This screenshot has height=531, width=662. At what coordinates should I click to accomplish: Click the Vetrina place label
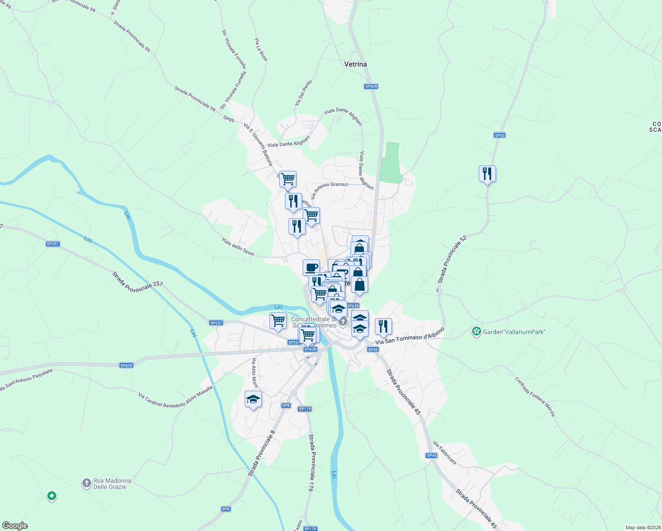[x=355, y=64]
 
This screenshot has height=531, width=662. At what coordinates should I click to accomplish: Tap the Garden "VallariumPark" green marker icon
[x=476, y=331]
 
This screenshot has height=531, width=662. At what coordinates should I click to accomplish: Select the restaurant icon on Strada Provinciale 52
[x=487, y=174]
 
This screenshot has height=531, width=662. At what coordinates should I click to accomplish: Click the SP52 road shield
[x=500, y=135]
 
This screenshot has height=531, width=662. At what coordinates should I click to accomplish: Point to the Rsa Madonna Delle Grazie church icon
[x=87, y=483]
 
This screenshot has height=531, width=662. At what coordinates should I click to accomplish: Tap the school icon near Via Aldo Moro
[x=253, y=400]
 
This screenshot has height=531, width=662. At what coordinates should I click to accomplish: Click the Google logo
[x=15, y=526]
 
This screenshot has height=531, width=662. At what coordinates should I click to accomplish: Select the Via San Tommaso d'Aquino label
[x=409, y=336]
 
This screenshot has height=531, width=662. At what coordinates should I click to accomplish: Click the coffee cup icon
[x=311, y=268]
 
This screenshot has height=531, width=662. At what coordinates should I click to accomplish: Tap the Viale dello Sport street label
[x=238, y=246]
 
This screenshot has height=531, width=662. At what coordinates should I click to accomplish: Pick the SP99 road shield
[x=228, y=119]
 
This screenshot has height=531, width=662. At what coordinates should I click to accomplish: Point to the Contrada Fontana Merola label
[x=535, y=396]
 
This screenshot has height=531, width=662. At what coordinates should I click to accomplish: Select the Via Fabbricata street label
[x=445, y=452]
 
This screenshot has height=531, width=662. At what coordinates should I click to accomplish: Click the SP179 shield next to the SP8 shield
[x=305, y=409]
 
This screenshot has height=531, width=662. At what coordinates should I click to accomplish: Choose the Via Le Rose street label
[x=261, y=50]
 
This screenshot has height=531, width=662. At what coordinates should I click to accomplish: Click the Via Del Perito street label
[x=304, y=92]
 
